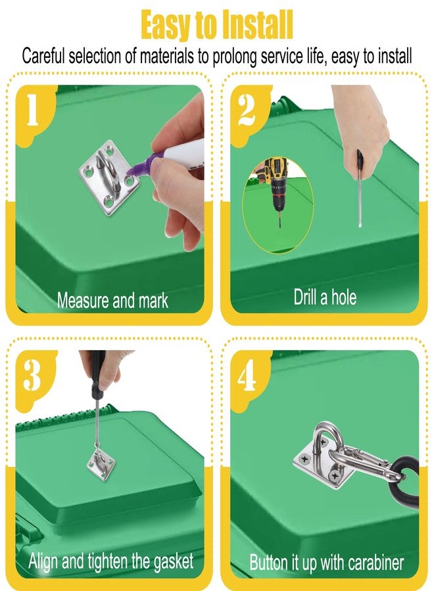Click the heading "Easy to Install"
(217, 25)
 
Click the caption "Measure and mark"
(112, 301)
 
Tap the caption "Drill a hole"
(325, 297)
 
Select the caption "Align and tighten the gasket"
(111, 561)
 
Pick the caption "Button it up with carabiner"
(326, 562)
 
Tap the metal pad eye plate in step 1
(109, 177)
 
